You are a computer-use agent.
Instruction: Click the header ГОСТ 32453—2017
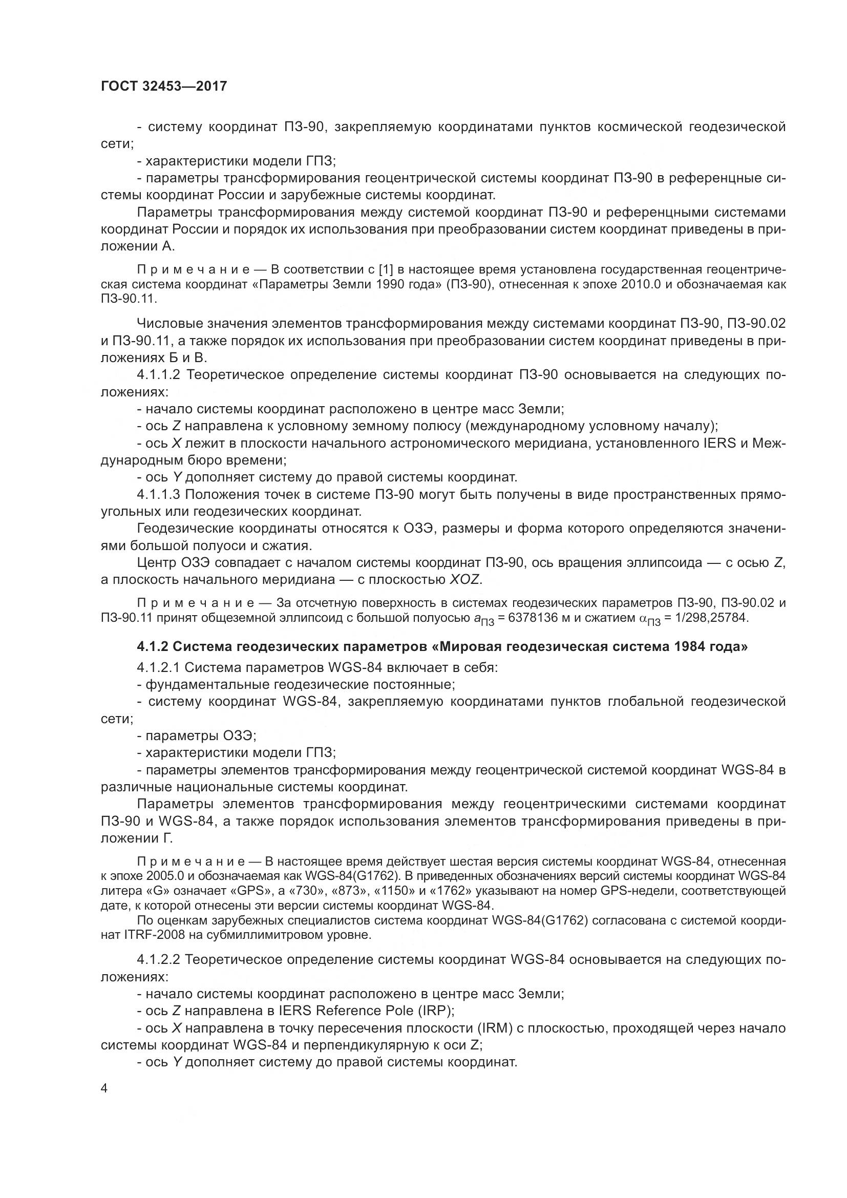[164, 86]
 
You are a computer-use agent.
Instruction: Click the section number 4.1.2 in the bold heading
[152, 646]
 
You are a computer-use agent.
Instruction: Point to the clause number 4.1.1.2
[159, 375]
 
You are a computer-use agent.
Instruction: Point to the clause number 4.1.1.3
[159, 494]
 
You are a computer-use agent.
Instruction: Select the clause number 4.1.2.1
[159, 667]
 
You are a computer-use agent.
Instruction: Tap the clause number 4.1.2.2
[159, 959]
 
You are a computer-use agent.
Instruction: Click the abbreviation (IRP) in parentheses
[435, 1011]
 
